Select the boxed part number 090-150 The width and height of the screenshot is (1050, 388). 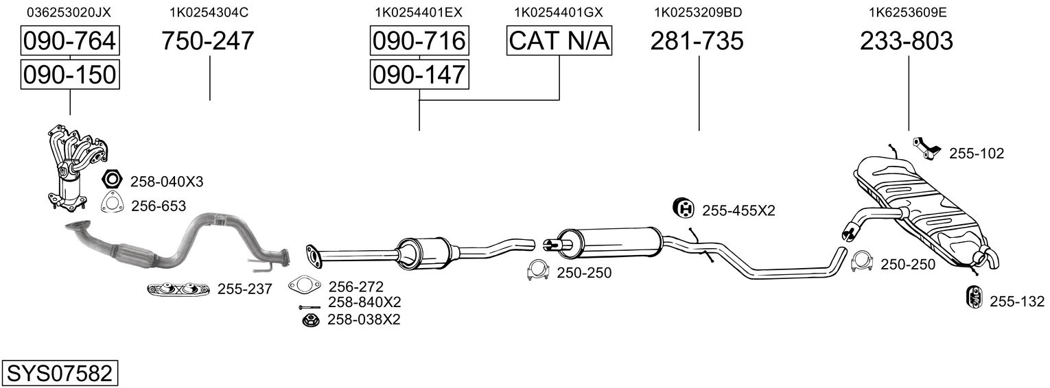pyautogui.click(x=69, y=74)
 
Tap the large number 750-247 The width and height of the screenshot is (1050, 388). pyautogui.click(x=208, y=41)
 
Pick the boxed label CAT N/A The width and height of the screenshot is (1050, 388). pyautogui.click(x=559, y=41)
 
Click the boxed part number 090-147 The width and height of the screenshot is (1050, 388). pyautogui.click(x=419, y=74)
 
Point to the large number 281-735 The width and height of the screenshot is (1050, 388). pyautogui.click(x=697, y=41)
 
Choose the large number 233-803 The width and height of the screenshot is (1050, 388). pyautogui.click(x=907, y=41)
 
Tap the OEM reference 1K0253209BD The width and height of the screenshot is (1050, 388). pyautogui.click(x=698, y=12)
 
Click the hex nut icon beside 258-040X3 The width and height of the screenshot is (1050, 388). pyautogui.click(x=112, y=181)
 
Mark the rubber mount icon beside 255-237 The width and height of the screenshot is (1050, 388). pyautogui.click(x=178, y=290)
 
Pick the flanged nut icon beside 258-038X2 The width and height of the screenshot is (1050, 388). pyautogui.click(x=310, y=319)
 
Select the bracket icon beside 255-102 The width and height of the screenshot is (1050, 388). pyautogui.click(x=926, y=148)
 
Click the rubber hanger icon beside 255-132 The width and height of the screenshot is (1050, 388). pyautogui.click(x=972, y=296)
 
